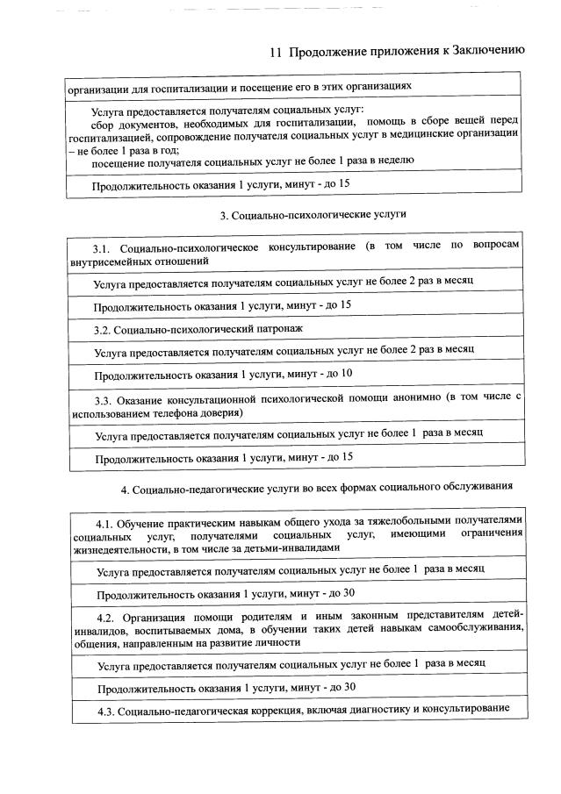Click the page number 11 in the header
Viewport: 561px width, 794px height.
point(275,52)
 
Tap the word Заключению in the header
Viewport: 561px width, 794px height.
point(487,51)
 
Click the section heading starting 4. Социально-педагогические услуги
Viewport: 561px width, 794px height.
point(317,487)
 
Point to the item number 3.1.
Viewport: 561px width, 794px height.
point(104,247)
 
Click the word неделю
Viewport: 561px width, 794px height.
point(395,161)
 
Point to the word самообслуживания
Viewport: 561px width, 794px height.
point(472,628)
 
